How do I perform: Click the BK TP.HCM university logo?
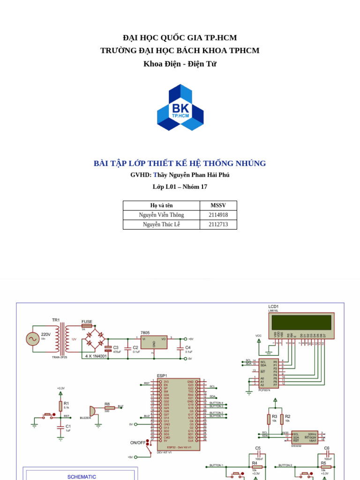pyautogui.click(x=180, y=107)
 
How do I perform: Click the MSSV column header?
pyautogui.click(x=218, y=205)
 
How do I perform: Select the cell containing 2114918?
pyautogui.click(x=218, y=215)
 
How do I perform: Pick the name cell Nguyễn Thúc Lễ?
pyautogui.click(x=161, y=225)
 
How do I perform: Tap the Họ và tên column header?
pyautogui.click(x=161, y=205)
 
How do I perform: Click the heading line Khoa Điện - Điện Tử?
pyautogui.click(x=180, y=64)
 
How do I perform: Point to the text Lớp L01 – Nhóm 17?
pyautogui.click(x=180, y=187)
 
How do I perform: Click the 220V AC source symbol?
pyautogui.click(x=32, y=338)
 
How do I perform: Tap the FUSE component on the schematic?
pyautogui.click(x=87, y=326)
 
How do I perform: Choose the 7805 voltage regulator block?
pyautogui.click(x=154, y=343)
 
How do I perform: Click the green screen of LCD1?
pyautogui.click(x=302, y=322)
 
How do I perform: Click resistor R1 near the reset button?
pyautogui.click(x=60, y=405)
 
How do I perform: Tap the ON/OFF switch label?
pyautogui.click(x=138, y=442)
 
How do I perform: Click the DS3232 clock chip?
pyautogui.click(x=304, y=437)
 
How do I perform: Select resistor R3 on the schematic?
pyautogui.click(x=269, y=418)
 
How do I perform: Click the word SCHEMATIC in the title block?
pyautogui.click(x=82, y=477)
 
